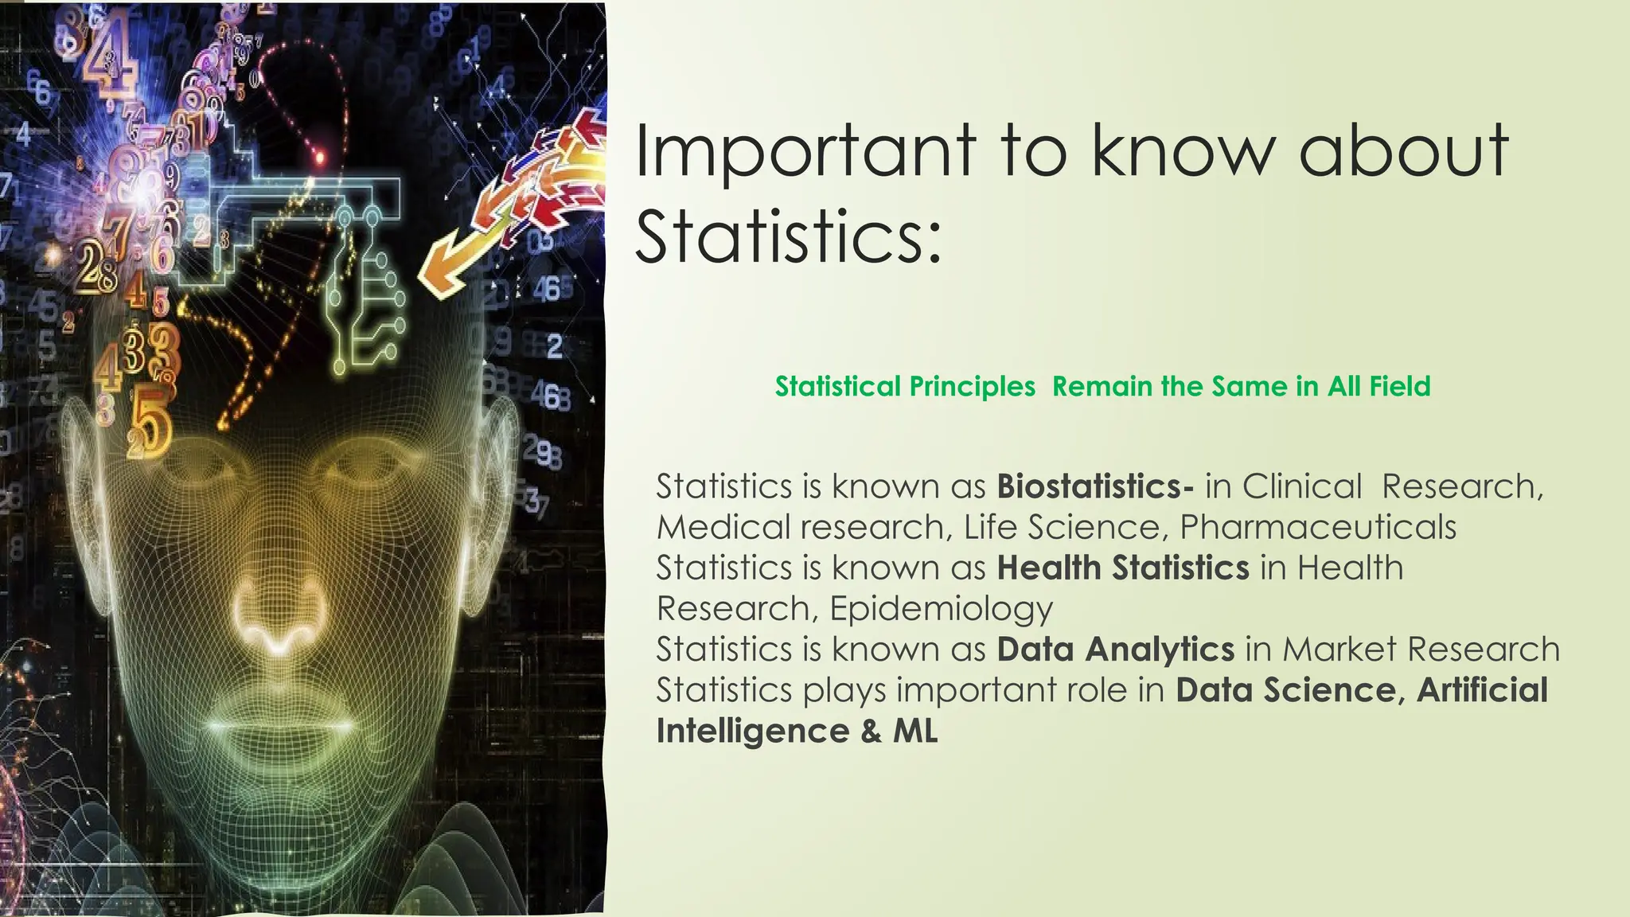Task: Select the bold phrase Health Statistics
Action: tap(1122, 568)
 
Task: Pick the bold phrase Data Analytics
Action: tap(1115, 650)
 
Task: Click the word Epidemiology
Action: tap(941, 609)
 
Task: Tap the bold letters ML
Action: tap(915, 731)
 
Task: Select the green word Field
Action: tap(1400, 387)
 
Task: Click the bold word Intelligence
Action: tap(752, 731)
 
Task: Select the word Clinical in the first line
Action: tap(1302, 486)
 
